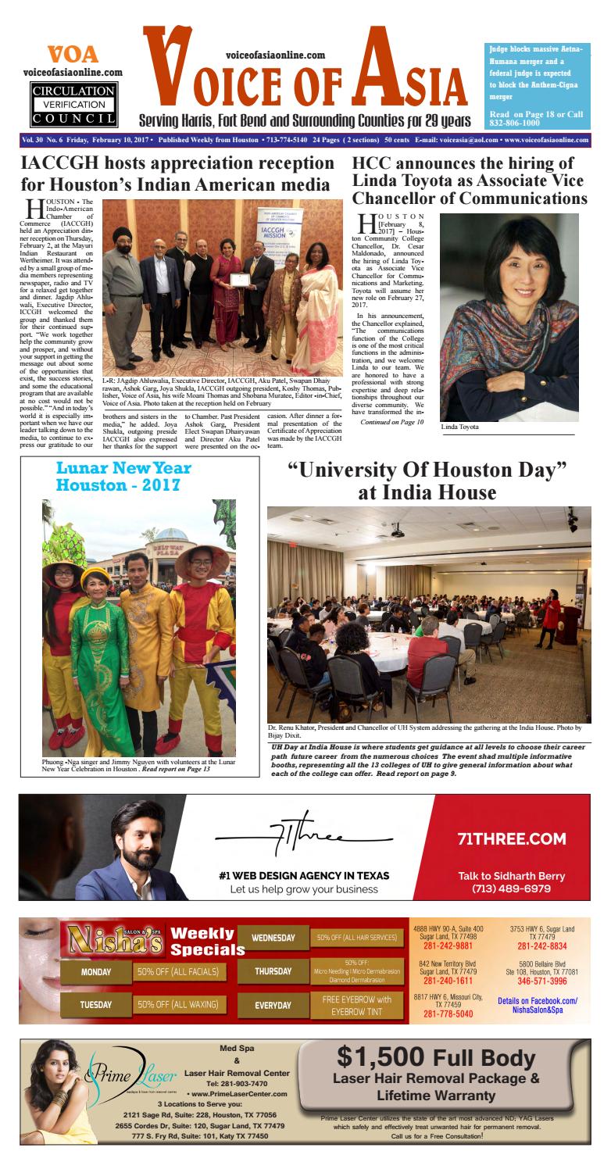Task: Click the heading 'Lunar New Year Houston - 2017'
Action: click(123, 477)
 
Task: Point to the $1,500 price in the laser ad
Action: click(381, 1057)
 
